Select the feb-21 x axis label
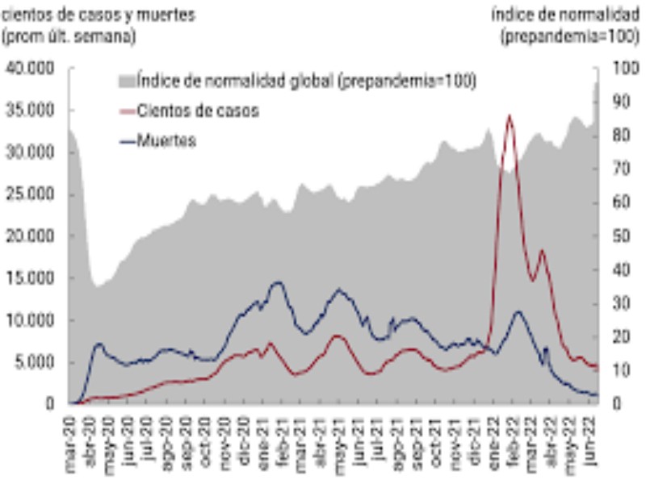click(x=283, y=436)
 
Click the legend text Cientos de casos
click(x=198, y=111)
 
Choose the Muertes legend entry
click(x=166, y=141)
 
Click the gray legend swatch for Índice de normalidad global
click(x=128, y=81)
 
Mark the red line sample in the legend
click(x=128, y=111)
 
